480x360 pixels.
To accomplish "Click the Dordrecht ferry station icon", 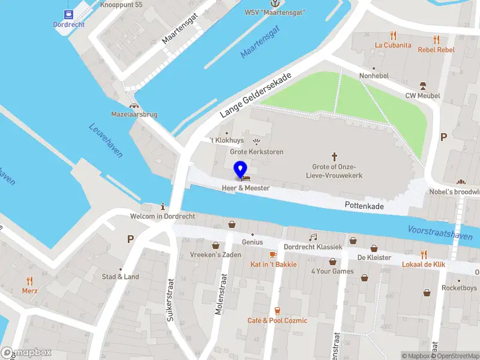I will [68, 14].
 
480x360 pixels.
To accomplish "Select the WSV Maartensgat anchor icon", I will [274, 3].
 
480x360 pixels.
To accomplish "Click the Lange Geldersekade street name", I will [255, 95].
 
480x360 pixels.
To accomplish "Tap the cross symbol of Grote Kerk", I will [334, 156].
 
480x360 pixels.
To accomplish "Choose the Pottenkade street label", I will [364, 206].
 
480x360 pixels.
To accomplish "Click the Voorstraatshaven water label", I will [439, 233].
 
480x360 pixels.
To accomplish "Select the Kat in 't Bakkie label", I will [273, 264].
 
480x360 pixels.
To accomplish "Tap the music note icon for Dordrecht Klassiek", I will [313, 238].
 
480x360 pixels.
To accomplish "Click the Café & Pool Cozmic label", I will [277, 320].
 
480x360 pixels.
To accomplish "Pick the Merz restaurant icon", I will [29, 280].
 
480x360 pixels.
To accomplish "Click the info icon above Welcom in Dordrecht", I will [163, 206].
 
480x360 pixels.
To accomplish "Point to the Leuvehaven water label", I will [106, 140].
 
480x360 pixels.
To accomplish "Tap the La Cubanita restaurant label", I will [393, 45].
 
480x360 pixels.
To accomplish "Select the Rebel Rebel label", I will [436, 50].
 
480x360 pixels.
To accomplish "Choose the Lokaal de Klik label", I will [423, 265].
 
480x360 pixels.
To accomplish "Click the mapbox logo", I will [26, 353].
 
